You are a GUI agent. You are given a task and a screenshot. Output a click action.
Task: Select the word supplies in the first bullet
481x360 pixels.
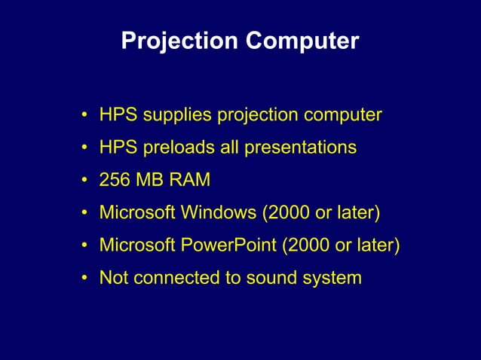point(177,116)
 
